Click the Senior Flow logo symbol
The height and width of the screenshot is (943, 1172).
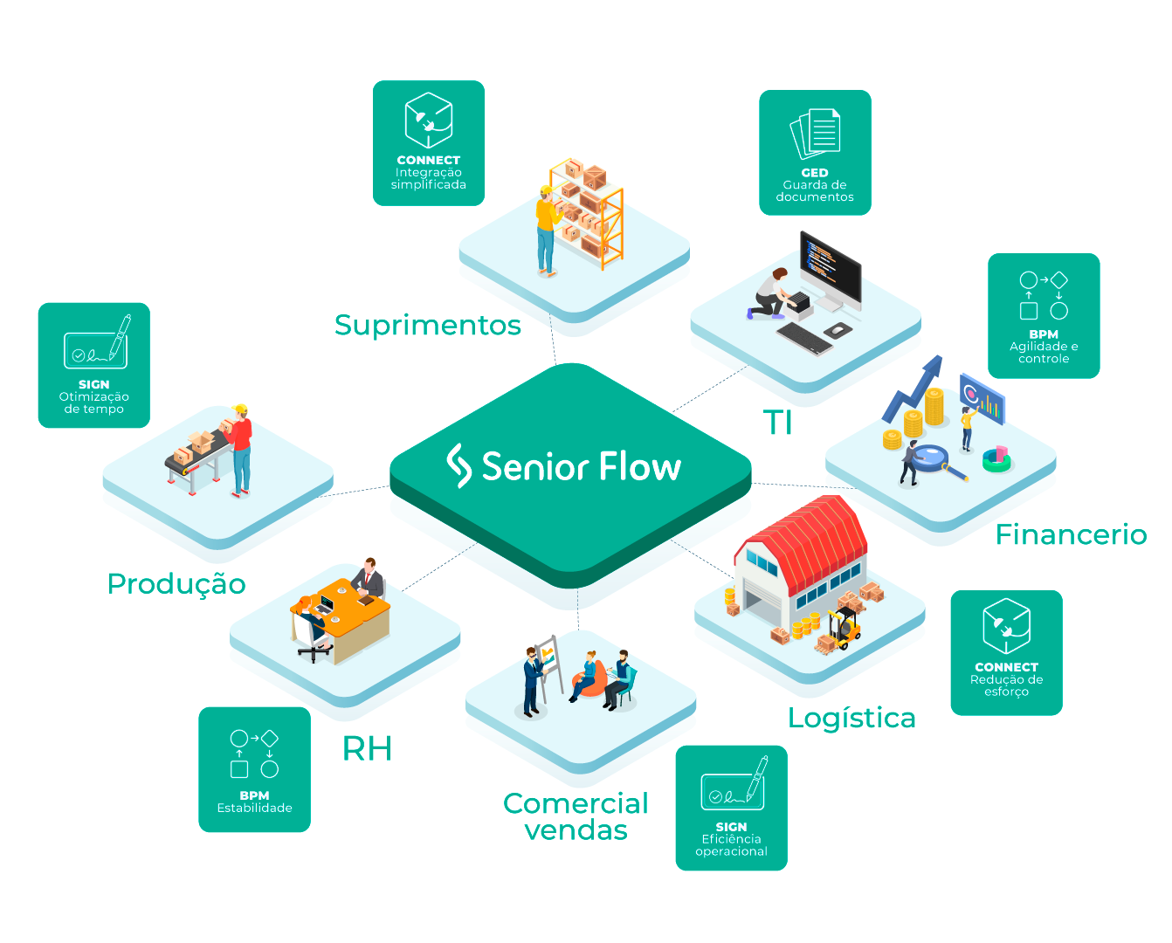[x=458, y=465]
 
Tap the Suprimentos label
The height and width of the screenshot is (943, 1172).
[x=428, y=325]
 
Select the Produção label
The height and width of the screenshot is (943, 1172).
[x=176, y=583]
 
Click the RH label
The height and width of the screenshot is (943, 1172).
[x=367, y=748]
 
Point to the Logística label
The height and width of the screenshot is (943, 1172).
[x=851, y=718]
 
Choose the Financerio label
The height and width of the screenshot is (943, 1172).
[x=1071, y=533]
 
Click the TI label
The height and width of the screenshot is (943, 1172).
[x=777, y=423]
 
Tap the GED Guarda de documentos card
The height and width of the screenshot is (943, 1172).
[x=815, y=153]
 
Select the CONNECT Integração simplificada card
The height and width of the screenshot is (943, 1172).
[x=429, y=143]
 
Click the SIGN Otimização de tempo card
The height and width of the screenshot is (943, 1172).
[x=94, y=365]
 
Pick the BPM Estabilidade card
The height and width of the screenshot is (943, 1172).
[x=254, y=769]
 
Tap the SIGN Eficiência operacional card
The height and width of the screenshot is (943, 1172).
[x=731, y=808]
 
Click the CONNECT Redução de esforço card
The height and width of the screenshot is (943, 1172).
[x=1006, y=652]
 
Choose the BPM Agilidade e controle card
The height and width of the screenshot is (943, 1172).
[x=1044, y=315]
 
